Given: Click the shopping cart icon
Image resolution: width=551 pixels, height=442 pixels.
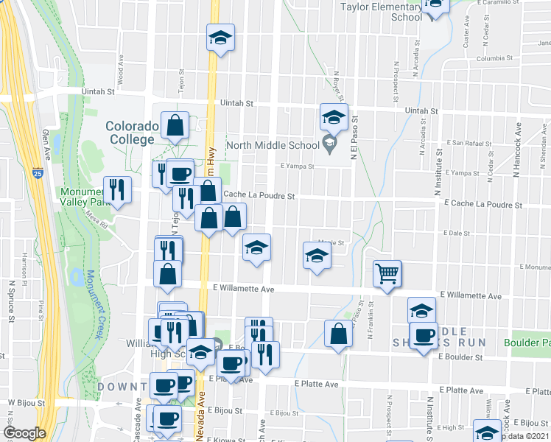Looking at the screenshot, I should point(387,273).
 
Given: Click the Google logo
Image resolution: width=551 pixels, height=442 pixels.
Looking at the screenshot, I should point(24,433).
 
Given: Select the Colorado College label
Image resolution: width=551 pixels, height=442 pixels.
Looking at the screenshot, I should point(133,133).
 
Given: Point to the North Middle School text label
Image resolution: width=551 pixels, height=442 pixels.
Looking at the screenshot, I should point(273,145).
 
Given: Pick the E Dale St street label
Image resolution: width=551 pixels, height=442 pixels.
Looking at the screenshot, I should point(456,232).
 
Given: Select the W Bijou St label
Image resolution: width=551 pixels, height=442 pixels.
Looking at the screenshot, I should point(27,403).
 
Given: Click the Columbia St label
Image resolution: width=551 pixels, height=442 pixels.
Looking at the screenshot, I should point(494,58).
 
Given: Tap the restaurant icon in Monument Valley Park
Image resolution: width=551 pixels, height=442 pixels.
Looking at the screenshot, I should point(117,189).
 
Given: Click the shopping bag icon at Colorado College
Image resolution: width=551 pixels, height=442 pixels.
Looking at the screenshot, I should point(175,125).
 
